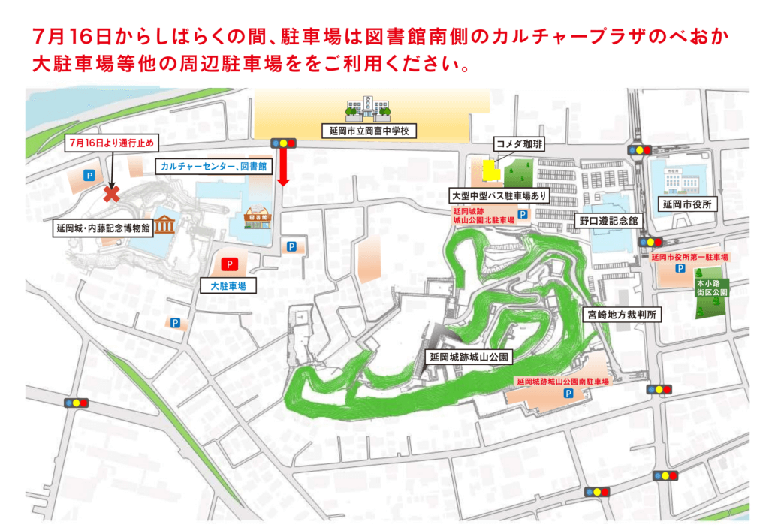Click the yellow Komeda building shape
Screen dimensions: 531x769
pos(490,170)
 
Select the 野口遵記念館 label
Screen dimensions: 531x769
pos(608,221)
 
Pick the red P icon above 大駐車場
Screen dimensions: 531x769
pos(229,264)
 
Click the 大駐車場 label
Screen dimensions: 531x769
pos(228,285)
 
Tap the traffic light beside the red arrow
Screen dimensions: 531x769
pos(285,143)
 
